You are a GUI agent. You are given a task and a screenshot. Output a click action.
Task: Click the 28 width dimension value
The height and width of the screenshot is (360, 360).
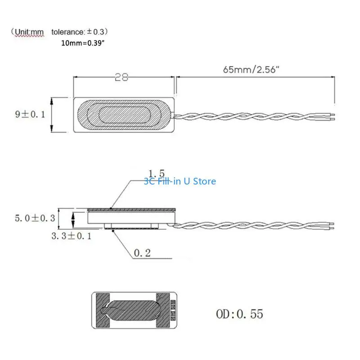[121, 77]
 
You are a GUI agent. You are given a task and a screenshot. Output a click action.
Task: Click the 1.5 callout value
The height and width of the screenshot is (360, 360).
[157, 173]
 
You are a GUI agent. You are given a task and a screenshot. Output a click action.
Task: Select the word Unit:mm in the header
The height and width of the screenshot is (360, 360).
[27, 32]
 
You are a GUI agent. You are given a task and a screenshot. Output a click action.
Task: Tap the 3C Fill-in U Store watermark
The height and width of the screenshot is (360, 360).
[180, 181]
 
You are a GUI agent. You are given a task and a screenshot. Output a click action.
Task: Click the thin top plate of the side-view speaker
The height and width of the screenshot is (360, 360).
[130, 209]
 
